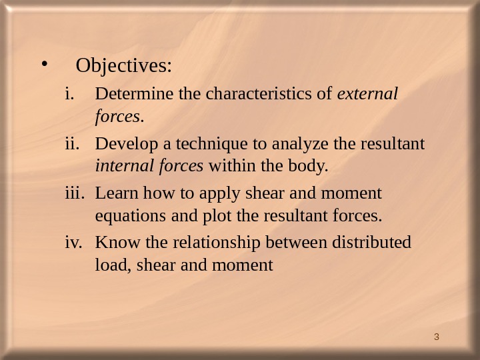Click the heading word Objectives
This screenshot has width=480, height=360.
coord(124,67)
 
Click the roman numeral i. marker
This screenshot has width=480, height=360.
coord(69,95)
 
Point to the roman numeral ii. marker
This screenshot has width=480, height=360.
coord(71,144)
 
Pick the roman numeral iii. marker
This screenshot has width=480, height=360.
coord(73,193)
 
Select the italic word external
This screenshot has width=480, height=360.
coord(368,95)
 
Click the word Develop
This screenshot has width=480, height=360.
coord(120,144)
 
